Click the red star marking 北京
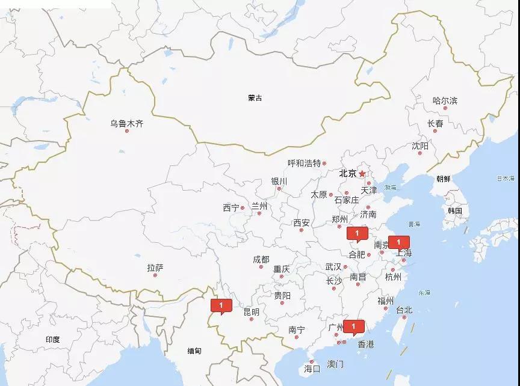362,174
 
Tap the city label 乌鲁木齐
126,124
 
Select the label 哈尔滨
445,100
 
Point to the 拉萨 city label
155,268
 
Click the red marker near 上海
398,242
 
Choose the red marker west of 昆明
221,306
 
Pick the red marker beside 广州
354,327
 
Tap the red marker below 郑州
357,233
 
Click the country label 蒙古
255,98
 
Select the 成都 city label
261,259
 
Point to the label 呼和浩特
304,163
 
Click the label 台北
404,310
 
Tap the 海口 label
312,368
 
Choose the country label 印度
52,340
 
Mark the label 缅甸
194,351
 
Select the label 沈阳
420,146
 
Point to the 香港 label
365,345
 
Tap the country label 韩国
454,210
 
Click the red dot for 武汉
345,267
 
